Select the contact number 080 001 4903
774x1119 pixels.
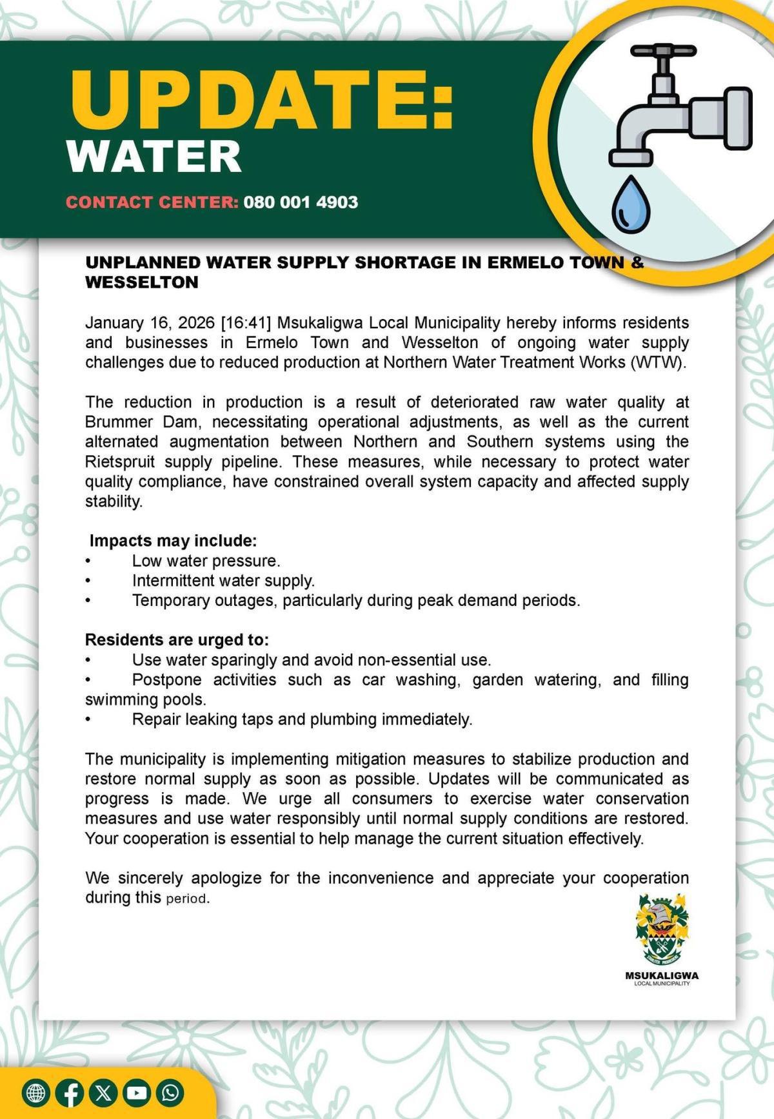point(301,202)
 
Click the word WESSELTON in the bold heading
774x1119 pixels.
point(142,282)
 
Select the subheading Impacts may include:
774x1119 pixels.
point(173,541)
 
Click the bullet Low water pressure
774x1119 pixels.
point(206,561)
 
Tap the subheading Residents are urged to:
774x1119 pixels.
point(177,640)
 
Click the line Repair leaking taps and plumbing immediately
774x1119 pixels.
point(302,719)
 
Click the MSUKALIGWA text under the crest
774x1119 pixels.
point(662,975)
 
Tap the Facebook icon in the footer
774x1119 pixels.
point(70,1093)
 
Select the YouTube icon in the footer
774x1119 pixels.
point(137,1093)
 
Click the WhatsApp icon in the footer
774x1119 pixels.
point(170,1093)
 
